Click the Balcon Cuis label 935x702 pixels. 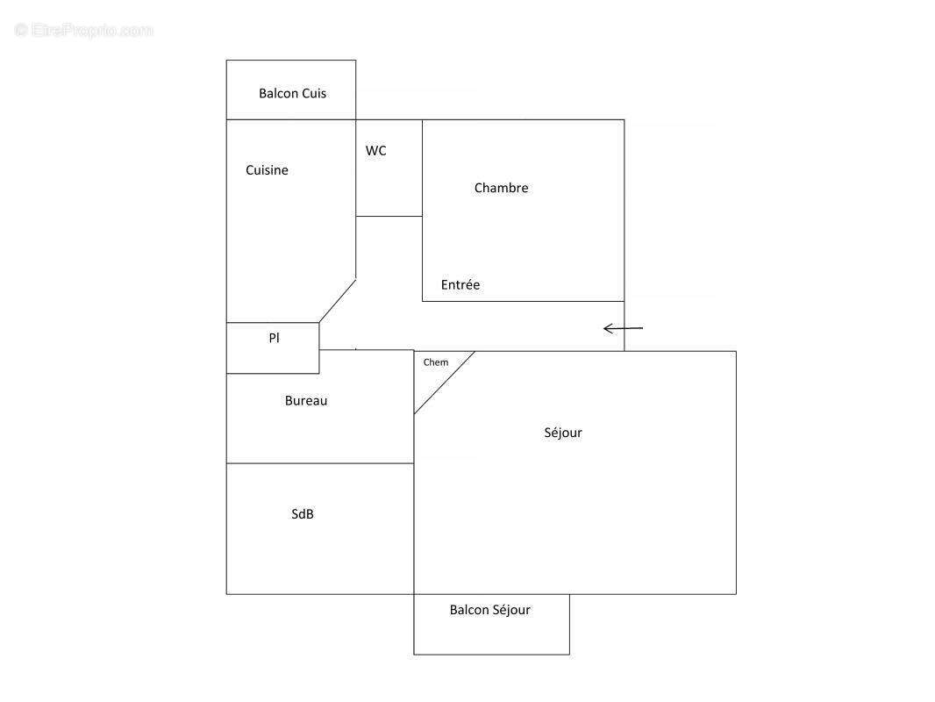click(292, 93)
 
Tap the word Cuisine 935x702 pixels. click(267, 170)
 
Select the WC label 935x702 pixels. click(375, 150)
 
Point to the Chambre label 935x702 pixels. click(501, 188)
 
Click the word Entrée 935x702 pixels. click(460, 284)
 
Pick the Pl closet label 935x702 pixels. click(274, 338)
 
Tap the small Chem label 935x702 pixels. click(436, 362)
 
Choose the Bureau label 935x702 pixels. click(306, 401)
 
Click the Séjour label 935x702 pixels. click(563, 433)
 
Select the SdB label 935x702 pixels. click(303, 513)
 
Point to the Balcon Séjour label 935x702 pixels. click(490, 610)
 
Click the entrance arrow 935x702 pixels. click(623, 328)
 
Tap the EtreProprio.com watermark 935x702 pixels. click(83, 30)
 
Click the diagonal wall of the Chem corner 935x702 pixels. click(444, 383)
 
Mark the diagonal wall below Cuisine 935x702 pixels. click(338, 301)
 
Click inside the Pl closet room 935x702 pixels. click(273, 358)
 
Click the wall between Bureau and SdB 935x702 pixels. click(320, 462)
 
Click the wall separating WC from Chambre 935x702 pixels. click(422, 168)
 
